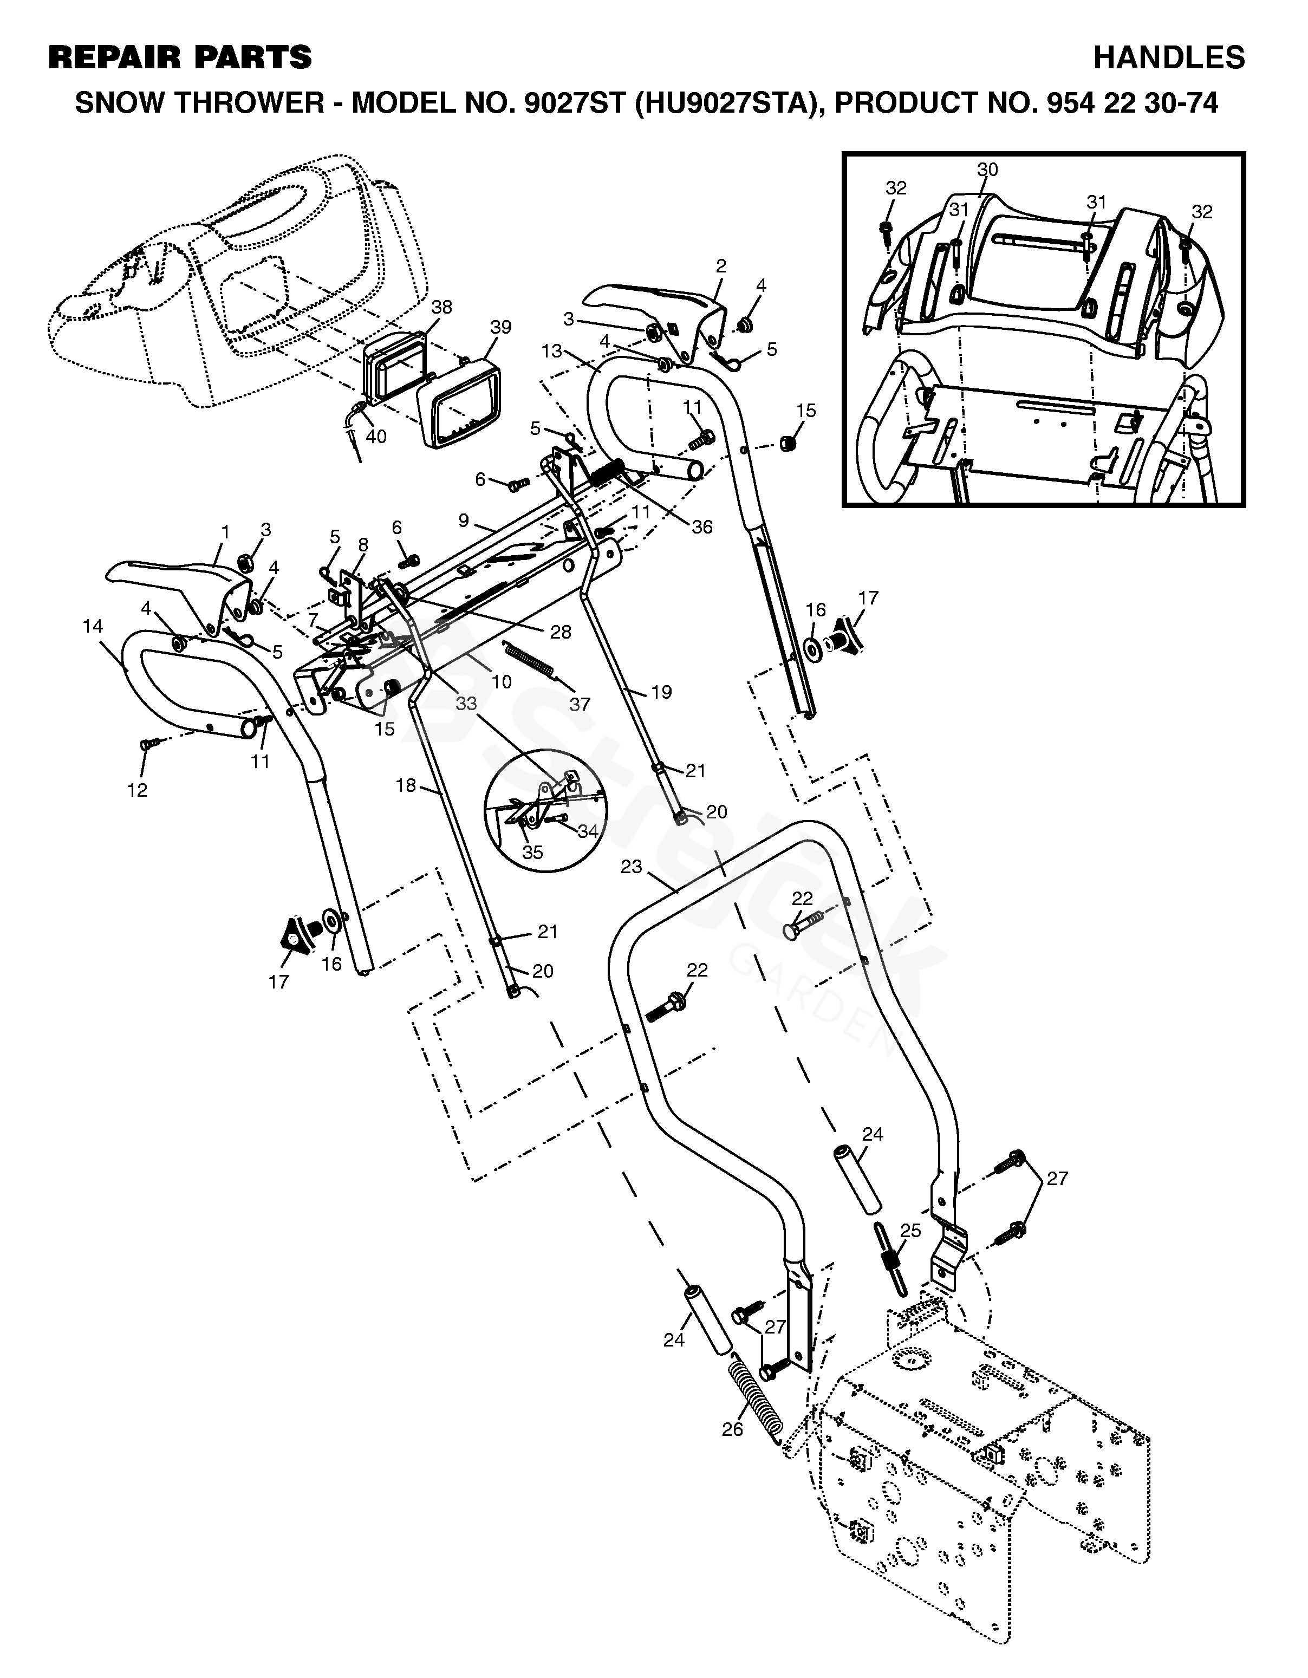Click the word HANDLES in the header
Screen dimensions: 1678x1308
coord(1168,57)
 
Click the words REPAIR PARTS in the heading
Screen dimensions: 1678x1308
coord(180,57)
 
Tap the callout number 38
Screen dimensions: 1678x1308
coord(441,307)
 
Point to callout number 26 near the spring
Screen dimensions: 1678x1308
coord(733,1428)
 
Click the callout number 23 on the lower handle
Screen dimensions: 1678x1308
coord(632,866)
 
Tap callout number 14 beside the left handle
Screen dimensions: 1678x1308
coord(93,626)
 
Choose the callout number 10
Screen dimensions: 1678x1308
coord(501,681)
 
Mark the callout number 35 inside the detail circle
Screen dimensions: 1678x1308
coord(532,852)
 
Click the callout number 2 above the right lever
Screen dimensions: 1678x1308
coord(720,266)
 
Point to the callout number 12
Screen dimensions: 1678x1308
coord(138,790)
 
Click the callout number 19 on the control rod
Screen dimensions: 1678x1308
coord(661,692)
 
